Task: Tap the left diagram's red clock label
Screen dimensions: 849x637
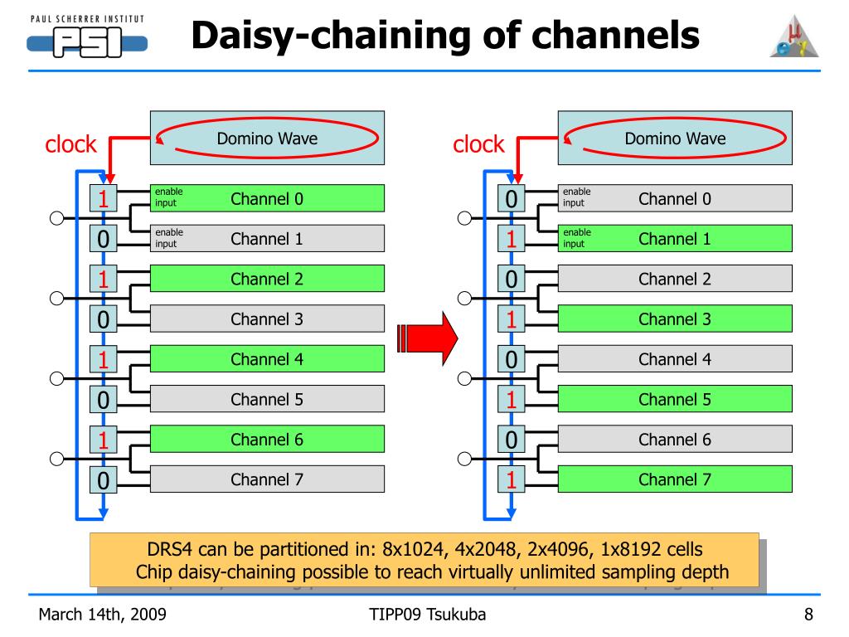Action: click(x=70, y=144)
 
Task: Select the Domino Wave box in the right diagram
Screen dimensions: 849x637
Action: click(x=675, y=139)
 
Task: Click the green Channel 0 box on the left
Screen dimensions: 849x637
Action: click(x=267, y=198)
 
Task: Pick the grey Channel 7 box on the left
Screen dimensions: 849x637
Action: click(x=267, y=479)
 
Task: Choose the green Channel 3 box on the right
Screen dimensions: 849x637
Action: click(x=675, y=319)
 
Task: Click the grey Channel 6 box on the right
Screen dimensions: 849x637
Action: click(x=675, y=440)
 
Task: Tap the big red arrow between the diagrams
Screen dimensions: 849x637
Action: click(x=428, y=338)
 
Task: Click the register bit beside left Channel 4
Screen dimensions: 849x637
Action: click(x=104, y=359)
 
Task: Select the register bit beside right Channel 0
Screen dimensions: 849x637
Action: click(x=511, y=198)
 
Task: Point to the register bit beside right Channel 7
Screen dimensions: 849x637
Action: click(x=511, y=479)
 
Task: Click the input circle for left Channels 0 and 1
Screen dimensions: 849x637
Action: click(x=57, y=218)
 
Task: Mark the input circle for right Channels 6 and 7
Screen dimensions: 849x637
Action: click(x=464, y=459)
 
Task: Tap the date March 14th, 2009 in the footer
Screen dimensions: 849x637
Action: click(x=102, y=615)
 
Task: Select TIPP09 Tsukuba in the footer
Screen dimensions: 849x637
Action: click(x=427, y=615)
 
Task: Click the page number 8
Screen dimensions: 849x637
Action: click(x=808, y=615)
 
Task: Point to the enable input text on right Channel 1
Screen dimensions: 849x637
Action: click(x=577, y=238)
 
